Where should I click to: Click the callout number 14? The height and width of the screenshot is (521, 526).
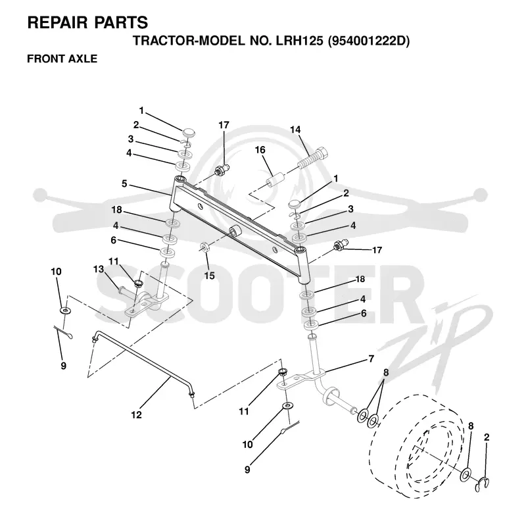pyautogui.click(x=295, y=130)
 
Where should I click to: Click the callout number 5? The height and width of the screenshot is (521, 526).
pyautogui.click(x=124, y=184)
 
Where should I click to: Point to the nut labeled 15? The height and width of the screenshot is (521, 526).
pyautogui.click(x=204, y=248)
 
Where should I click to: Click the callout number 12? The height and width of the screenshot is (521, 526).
pyautogui.click(x=137, y=415)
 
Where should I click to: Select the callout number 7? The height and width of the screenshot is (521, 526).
pyautogui.click(x=371, y=359)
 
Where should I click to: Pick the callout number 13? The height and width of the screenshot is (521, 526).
pyautogui.click(x=98, y=269)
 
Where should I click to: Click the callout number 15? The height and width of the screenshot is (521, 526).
pyautogui.click(x=209, y=276)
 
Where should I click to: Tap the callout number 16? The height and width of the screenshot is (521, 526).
pyautogui.click(x=260, y=150)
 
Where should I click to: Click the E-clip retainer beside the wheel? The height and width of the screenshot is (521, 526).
pyautogui.click(x=482, y=484)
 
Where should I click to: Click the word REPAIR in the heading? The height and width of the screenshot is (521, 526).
pyautogui.click(x=58, y=22)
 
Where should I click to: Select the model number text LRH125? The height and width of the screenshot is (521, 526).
pyautogui.click(x=300, y=41)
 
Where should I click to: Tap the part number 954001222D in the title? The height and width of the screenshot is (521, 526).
pyautogui.click(x=369, y=41)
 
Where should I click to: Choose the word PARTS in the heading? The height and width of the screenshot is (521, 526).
pyautogui.click(x=121, y=22)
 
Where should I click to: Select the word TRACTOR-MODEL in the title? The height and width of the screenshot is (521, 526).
pyautogui.click(x=189, y=41)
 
